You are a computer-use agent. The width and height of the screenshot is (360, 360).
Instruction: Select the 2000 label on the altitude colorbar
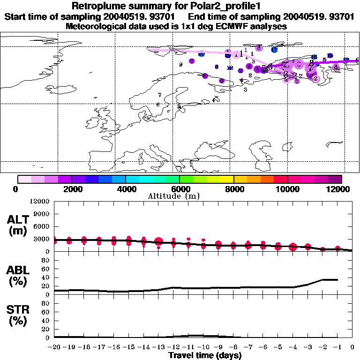tap(72, 189)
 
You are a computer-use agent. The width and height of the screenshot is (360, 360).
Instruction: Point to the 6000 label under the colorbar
tap(180, 189)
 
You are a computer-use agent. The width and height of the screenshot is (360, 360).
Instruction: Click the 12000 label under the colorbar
tap(340, 189)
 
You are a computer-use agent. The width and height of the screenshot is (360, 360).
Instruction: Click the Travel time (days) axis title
tap(205, 356)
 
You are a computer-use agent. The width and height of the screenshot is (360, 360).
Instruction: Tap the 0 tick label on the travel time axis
tap(352, 347)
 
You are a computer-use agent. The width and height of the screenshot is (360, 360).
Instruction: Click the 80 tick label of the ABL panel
tap(46, 260)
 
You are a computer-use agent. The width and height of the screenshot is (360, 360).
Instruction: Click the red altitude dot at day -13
tap(158, 242)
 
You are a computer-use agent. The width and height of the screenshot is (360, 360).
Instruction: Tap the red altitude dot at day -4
tap(293, 247)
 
